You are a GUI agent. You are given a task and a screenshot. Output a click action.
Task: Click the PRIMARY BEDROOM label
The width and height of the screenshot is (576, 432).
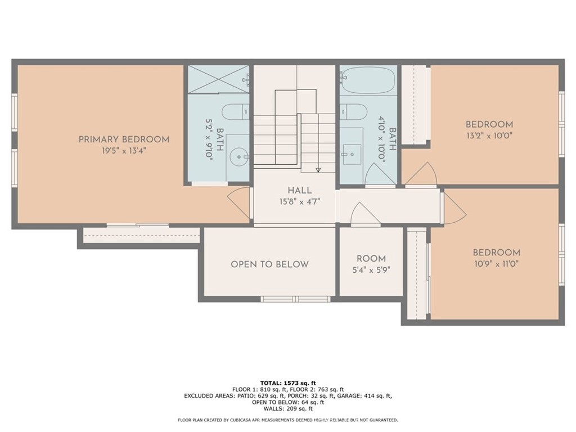pyautogui.click(x=124, y=139)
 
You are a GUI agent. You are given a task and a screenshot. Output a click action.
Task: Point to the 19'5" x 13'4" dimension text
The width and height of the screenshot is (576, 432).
pyautogui.click(x=124, y=151)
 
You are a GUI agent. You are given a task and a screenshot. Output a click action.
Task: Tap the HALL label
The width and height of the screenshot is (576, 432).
pyautogui.click(x=299, y=191)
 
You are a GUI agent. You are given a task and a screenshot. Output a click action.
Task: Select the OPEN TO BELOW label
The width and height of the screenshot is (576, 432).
pyautogui.click(x=269, y=264)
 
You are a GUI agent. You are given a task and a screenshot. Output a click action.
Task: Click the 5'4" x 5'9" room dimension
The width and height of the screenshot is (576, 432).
pyautogui.click(x=371, y=269)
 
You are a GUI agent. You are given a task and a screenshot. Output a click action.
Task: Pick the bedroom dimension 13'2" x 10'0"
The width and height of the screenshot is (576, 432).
pyautogui.click(x=489, y=136)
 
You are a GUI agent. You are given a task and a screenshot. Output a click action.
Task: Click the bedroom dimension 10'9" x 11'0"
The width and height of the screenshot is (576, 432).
pyautogui.click(x=496, y=263)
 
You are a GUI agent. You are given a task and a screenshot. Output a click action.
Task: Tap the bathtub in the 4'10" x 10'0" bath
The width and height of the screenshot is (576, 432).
pyautogui.click(x=368, y=81)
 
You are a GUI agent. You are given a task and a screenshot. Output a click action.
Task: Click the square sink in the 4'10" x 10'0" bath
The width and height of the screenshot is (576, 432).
pyautogui.click(x=352, y=152)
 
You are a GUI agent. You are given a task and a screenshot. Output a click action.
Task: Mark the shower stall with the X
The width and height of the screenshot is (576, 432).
pyautogui.click(x=218, y=79)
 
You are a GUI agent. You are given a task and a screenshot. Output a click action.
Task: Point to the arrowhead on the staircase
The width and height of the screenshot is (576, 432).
pyautogui.click(x=318, y=169)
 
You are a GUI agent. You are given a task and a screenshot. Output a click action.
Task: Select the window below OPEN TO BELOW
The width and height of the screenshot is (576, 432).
pyautogui.click(x=295, y=299)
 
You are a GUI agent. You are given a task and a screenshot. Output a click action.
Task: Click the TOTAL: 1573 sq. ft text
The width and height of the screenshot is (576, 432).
pyautogui.click(x=287, y=382)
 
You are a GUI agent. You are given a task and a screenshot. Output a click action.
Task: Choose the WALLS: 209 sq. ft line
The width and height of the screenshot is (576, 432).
pyautogui.click(x=287, y=409)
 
